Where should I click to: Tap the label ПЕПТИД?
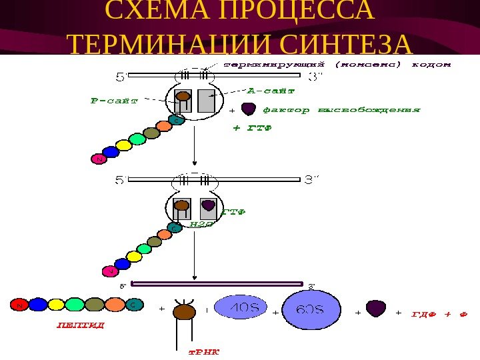click(79, 327)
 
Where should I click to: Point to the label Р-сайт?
click(113, 101)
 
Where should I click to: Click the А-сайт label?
click(271, 89)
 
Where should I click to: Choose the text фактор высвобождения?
click(341, 109)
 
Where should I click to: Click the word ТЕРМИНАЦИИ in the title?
click(169, 44)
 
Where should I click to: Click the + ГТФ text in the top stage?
click(252, 128)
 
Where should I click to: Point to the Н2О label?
click(201, 225)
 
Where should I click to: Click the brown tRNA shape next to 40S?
click(184, 312)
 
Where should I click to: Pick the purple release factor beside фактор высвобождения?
click(248, 108)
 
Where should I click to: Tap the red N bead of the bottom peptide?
click(19, 305)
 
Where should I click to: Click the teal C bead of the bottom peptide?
click(135, 305)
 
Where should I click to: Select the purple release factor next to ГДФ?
click(376, 308)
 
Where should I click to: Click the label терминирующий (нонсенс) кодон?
click(336, 65)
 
